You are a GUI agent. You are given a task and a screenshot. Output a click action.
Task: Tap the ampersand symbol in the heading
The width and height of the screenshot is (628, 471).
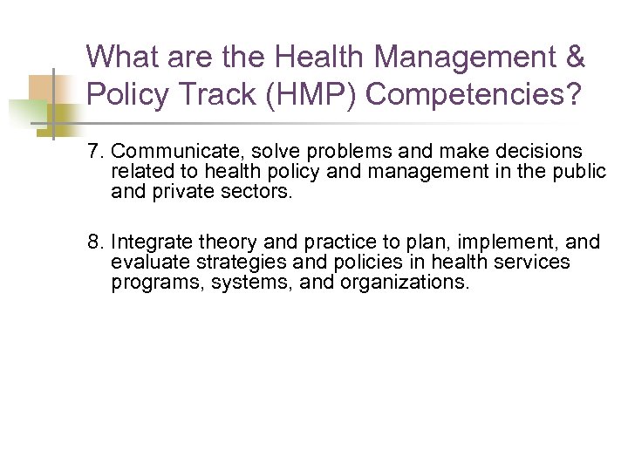tap(575, 58)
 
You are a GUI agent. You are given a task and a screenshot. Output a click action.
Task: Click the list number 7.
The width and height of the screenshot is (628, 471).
tap(94, 153)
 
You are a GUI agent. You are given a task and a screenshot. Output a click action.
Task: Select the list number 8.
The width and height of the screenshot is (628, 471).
tap(94, 242)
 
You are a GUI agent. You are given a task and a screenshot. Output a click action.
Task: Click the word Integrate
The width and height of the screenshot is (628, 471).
tap(152, 242)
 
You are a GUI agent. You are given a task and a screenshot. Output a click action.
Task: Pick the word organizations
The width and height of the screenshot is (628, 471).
tap(402, 283)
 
